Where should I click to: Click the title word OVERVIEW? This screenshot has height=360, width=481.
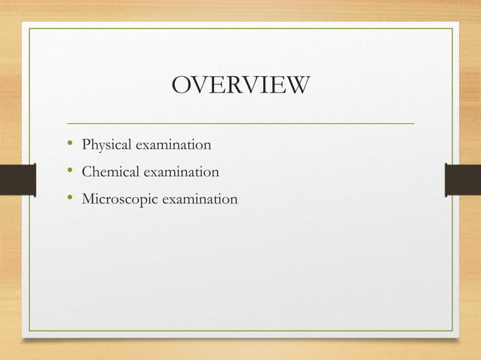click(240, 85)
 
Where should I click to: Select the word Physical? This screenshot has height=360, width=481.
click(106, 144)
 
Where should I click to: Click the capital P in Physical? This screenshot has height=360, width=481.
click(86, 143)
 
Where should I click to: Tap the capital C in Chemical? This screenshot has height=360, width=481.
click(87, 172)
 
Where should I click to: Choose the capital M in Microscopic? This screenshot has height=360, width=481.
click(88, 200)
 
